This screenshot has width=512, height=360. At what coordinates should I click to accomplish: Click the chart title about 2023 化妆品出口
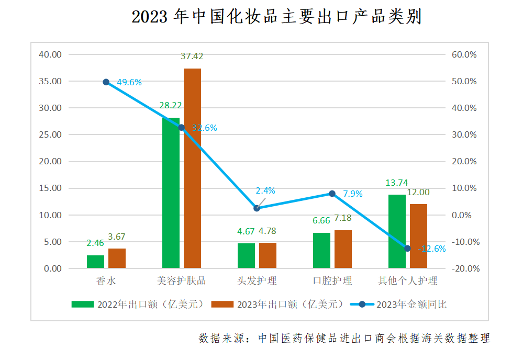point(276,18)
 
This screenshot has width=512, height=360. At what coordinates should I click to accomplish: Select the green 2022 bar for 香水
point(95,262)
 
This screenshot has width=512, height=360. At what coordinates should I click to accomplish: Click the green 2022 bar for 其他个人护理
point(397,231)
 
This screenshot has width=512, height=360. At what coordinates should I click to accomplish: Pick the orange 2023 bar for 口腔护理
point(343,249)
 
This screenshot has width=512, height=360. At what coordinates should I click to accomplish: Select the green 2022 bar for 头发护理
point(246,255)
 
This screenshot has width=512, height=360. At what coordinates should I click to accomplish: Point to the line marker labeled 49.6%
point(106,82)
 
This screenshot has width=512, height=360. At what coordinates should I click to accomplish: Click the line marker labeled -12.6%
point(407,248)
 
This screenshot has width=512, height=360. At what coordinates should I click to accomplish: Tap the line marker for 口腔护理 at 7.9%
point(332,194)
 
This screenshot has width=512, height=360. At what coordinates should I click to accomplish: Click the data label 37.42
point(192,56)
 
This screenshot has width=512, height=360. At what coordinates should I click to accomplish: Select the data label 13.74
point(396,183)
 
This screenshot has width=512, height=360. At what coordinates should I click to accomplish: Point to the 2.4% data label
point(265,191)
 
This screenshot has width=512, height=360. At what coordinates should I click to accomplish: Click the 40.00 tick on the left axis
point(51,54)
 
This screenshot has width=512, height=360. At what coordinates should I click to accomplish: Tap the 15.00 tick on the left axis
point(51,188)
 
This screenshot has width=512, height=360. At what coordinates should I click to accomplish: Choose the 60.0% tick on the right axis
point(463,54)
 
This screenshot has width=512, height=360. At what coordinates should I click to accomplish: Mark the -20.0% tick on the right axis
point(463,268)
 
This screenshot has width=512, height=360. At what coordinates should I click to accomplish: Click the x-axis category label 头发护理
point(257,281)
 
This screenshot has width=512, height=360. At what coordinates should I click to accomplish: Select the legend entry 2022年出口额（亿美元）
point(137,304)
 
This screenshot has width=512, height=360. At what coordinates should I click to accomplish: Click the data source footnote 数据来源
point(344,338)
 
